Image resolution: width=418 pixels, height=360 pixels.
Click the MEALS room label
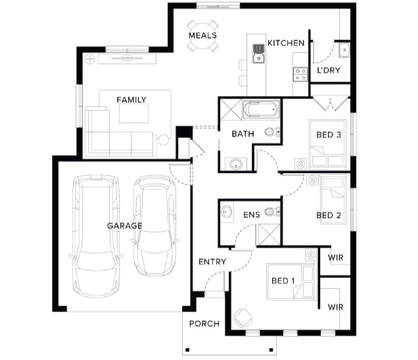coord(202,35)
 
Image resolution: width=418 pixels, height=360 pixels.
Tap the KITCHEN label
coord(286,43)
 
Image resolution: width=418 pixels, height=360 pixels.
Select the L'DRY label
coord(329,70)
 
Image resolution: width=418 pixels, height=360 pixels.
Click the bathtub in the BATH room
coord(261,109)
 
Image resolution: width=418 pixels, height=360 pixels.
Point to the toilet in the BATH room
coord(272,131)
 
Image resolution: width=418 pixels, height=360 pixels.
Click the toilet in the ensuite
coord(272,212)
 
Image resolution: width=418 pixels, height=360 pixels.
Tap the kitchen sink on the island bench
coord(258,54)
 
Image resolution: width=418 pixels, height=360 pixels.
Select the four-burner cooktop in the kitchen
coord(300,74)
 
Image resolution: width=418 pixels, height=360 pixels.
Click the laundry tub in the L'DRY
coord(344,50)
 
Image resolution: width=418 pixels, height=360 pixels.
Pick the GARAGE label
coord(124,226)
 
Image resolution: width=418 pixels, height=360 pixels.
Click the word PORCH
coord(204,324)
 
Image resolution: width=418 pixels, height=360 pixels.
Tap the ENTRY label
coord(212,261)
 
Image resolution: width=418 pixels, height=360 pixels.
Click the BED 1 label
coord(283,281)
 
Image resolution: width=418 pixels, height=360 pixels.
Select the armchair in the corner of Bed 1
coord(243,318)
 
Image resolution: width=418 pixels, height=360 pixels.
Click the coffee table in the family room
coord(133,113)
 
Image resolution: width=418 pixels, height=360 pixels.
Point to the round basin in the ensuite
coord(226,212)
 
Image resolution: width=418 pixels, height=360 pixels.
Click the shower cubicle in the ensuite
coord(268,235)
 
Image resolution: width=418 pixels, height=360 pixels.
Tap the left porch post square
coord(187,349)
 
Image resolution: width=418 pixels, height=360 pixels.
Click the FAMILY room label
coord(131,100)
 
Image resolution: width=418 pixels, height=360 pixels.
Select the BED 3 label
coord(329,135)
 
